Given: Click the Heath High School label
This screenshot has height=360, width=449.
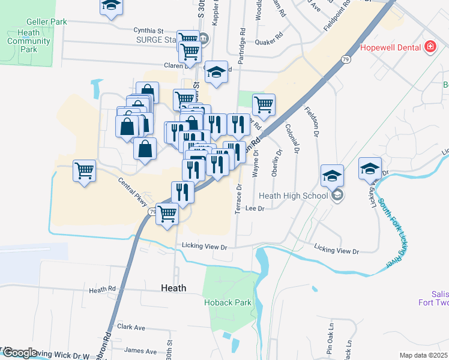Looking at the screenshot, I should click(293, 196).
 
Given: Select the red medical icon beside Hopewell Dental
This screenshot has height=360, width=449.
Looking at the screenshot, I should click(430, 47).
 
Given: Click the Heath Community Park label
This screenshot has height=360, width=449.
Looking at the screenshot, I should click(29, 37).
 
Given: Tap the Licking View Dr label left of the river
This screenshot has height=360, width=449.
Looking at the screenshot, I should click(206, 247).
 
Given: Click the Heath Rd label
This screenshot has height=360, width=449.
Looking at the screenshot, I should click(102, 290).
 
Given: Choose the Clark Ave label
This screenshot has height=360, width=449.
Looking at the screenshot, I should click(131, 328).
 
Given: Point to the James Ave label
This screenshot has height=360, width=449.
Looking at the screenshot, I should click(140, 351).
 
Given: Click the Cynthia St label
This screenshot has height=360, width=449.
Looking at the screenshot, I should click(148, 30).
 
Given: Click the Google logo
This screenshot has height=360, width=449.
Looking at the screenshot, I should click(20, 353).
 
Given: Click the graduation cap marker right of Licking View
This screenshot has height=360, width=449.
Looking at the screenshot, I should click(370, 168).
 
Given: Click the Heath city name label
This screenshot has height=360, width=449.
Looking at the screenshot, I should click(173, 288).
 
